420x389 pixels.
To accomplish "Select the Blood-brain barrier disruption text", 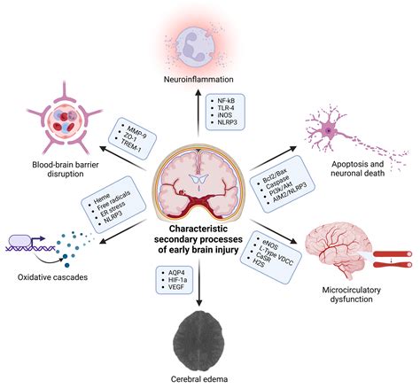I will pyautogui.click(x=56, y=166).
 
